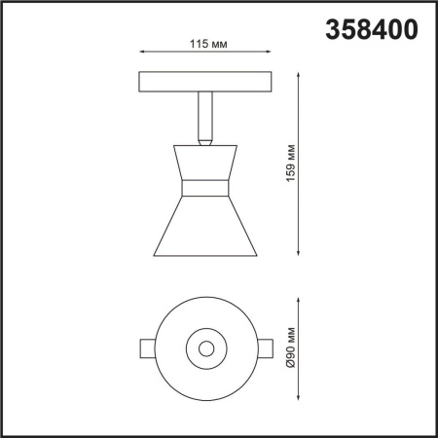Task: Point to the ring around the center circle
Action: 216,347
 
